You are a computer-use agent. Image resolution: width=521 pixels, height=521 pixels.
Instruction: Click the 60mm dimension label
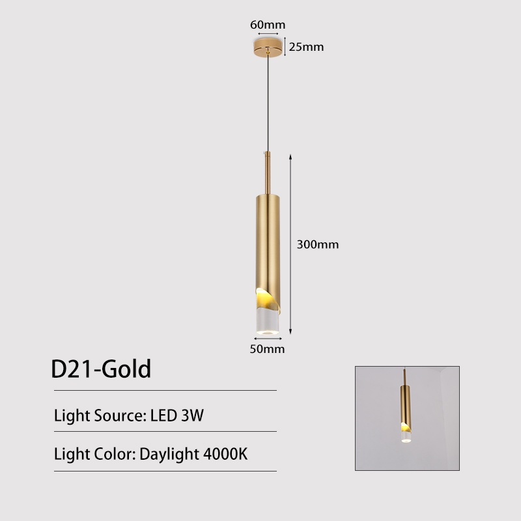coord(268,25)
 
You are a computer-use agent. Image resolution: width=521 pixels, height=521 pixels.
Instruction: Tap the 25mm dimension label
coord(306,47)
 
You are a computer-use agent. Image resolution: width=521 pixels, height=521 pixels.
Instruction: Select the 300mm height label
coord(318,245)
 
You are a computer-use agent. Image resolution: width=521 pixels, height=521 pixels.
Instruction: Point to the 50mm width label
coord(268,349)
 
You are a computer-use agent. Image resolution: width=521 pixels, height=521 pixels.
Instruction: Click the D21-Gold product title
coord(101,369)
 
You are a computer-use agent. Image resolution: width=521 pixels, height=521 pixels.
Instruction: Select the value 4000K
coord(224,453)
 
